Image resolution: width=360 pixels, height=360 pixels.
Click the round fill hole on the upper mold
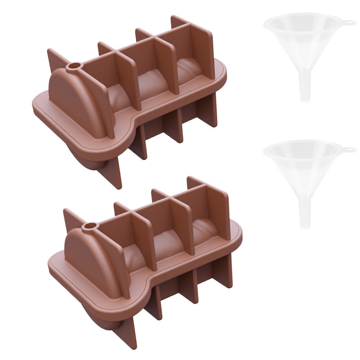[75, 66]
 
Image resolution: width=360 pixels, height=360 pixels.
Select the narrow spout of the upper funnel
[305, 89]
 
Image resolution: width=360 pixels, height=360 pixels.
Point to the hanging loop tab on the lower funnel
[348, 149]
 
